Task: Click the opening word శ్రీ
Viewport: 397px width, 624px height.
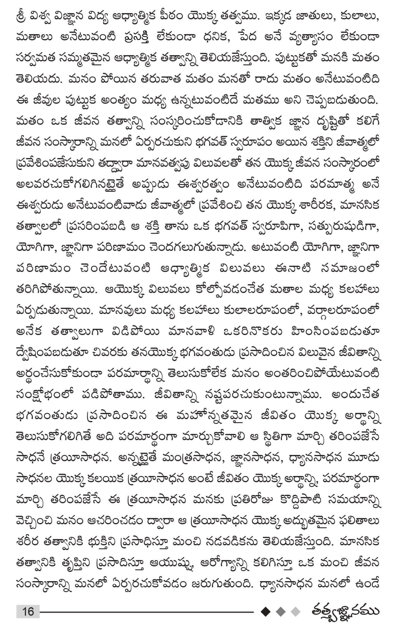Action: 22,18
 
